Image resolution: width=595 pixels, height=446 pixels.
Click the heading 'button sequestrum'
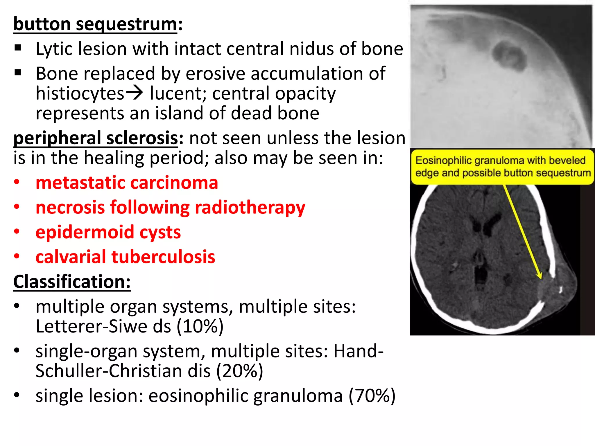(x=95, y=24)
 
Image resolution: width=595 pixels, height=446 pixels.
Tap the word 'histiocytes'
(x=80, y=93)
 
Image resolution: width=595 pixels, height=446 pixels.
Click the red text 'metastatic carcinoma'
(x=127, y=183)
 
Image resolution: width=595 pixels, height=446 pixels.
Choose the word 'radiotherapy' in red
(x=250, y=208)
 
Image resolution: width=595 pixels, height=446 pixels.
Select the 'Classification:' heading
(x=72, y=282)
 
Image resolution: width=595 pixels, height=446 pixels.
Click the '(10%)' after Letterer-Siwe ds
(x=200, y=326)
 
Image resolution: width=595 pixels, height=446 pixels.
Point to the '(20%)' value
(x=240, y=371)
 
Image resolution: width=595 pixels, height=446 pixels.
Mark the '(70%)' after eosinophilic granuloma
(x=372, y=396)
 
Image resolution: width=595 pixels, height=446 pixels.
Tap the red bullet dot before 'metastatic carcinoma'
(x=17, y=182)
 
